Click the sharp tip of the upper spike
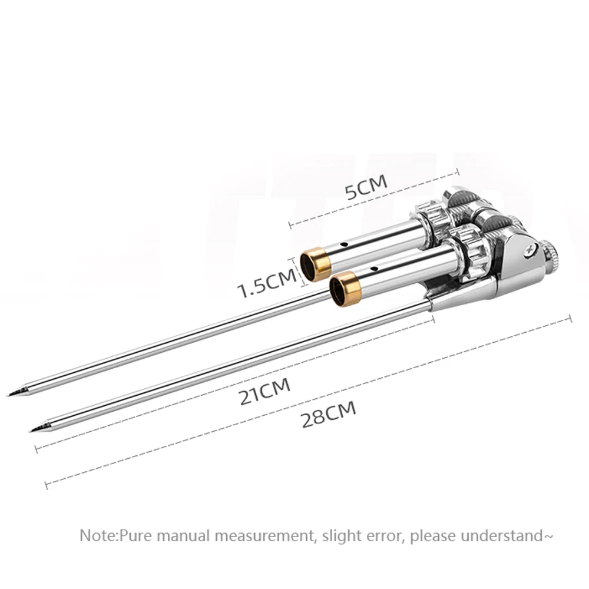9,394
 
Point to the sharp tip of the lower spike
31,431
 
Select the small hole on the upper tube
347,242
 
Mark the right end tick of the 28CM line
570,319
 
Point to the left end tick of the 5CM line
290,224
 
